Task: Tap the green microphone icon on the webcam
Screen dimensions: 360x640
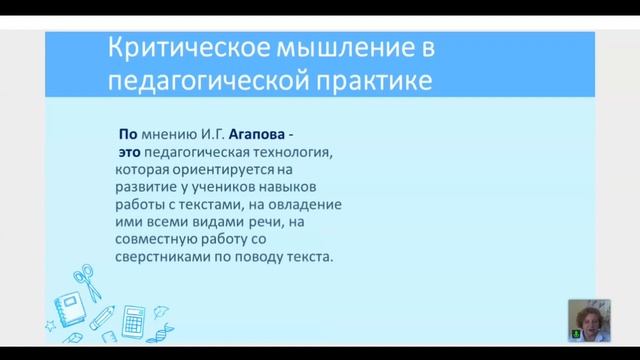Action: coord(573,336)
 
